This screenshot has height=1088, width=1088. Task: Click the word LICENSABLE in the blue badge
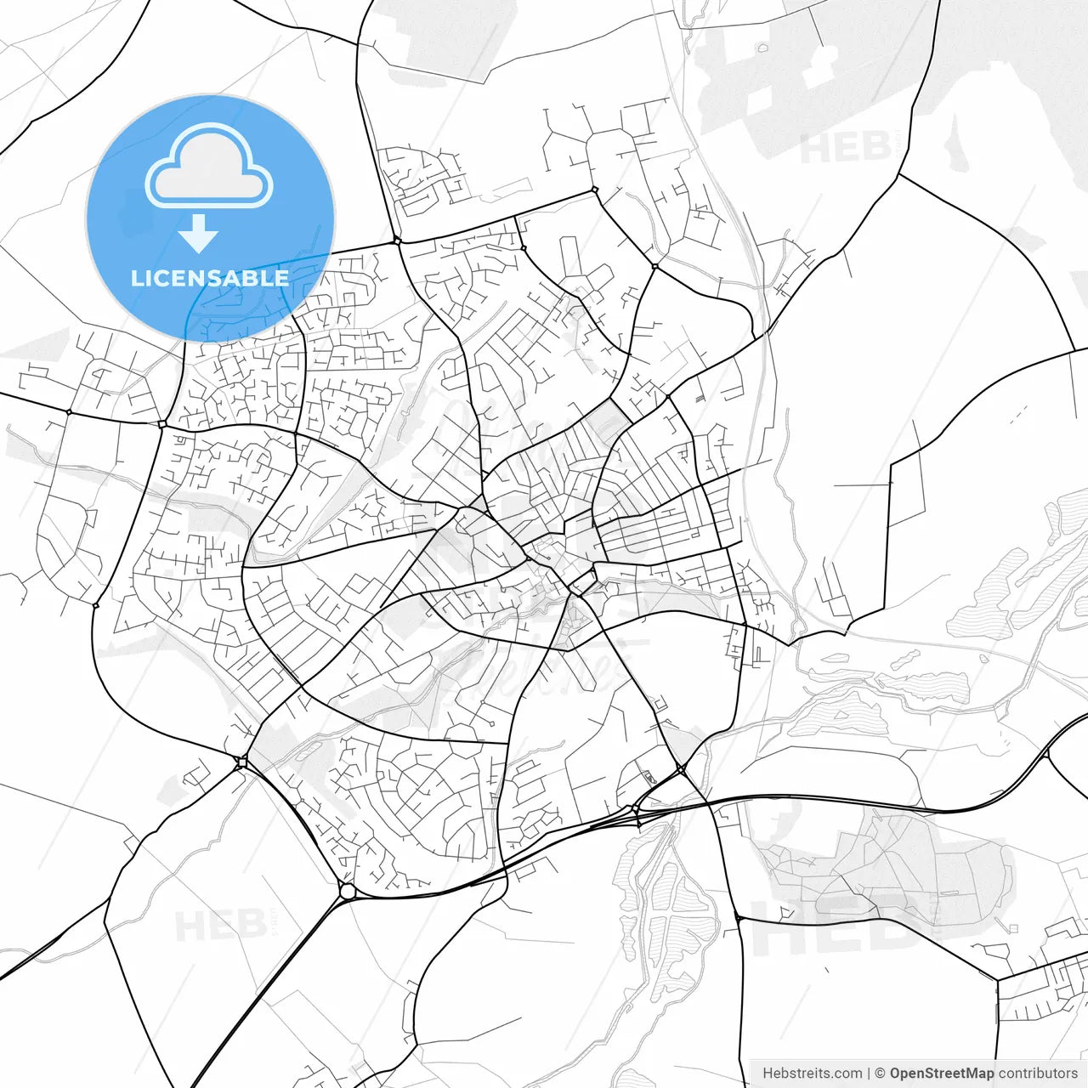[x=210, y=278]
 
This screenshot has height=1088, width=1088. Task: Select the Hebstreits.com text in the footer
[x=812, y=1074]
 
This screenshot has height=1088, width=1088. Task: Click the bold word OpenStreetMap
[x=942, y=1074]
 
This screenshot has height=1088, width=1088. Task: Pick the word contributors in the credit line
[x=1038, y=1074]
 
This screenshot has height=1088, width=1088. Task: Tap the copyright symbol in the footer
[x=881, y=1074]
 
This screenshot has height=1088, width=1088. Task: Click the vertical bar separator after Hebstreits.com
[x=869, y=1074]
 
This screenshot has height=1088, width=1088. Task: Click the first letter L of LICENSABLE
[x=136, y=278]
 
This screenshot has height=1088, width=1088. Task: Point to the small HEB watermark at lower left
[x=219, y=925]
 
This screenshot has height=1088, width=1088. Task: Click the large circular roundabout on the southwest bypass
[x=347, y=891]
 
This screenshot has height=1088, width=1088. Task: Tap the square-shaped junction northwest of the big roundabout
[x=242, y=762]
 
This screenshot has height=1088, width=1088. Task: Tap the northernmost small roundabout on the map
[x=594, y=190]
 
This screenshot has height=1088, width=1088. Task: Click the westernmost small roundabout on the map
[x=69, y=412]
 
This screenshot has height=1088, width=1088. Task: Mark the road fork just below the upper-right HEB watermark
[x=899, y=174]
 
